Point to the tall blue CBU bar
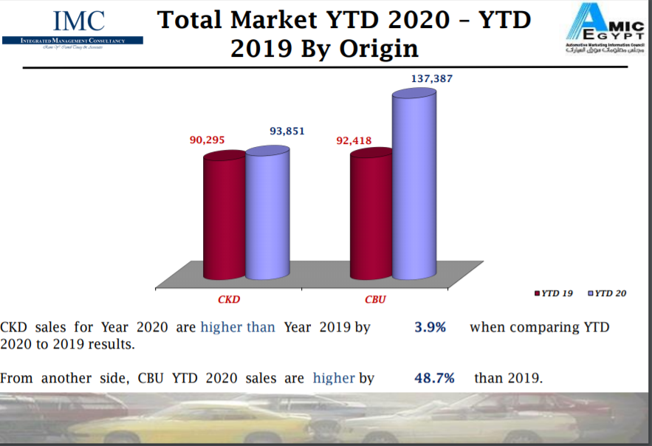[413, 185]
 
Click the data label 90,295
[207, 139]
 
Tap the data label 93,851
[287, 131]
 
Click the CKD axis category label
[229, 300]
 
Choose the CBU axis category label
[375, 300]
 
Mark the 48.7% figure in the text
[434, 378]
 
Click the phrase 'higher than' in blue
[237, 327]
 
